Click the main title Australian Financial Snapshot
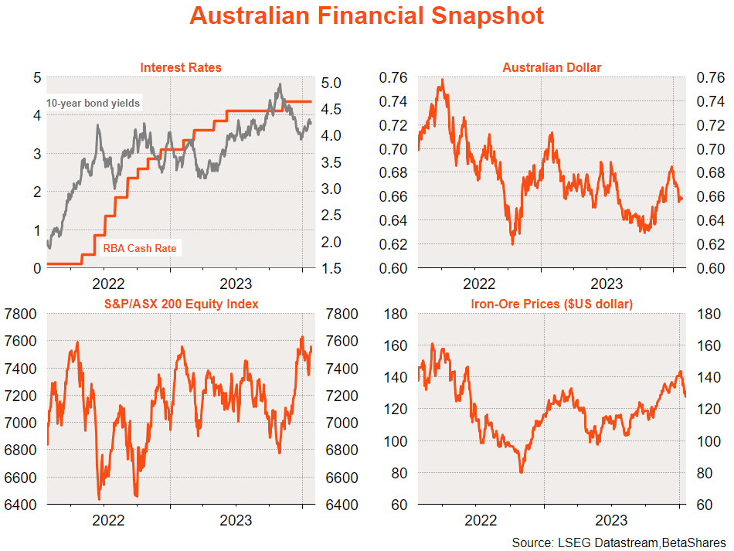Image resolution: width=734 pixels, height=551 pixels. (x=366, y=16)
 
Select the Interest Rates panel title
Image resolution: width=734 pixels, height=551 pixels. (x=181, y=67)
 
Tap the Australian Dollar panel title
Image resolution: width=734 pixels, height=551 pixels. (x=552, y=67)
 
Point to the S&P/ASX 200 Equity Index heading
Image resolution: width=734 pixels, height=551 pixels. (x=181, y=304)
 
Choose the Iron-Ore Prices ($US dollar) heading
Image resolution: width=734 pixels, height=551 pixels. (x=552, y=304)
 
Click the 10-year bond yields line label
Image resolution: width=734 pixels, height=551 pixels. (x=93, y=103)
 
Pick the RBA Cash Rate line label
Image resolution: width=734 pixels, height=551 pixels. (x=140, y=249)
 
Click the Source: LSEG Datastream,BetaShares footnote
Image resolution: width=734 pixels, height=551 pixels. (x=619, y=542)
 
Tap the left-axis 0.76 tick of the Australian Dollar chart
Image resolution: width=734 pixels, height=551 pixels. (x=395, y=77)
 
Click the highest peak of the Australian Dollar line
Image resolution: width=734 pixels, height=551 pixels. (x=442, y=79)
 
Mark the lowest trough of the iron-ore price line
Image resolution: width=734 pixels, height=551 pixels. (x=522, y=472)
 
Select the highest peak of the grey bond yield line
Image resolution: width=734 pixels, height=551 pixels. (x=280, y=84)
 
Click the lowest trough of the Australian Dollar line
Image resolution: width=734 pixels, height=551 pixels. (x=512, y=243)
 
